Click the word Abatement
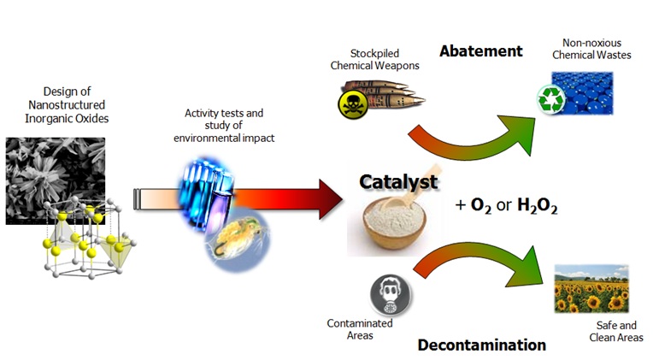click(x=480, y=51)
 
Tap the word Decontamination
click(x=482, y=345)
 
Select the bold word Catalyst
click(x=398, y=182)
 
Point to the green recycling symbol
click(x=548, y=101)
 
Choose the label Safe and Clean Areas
click(x=615, y=332)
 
